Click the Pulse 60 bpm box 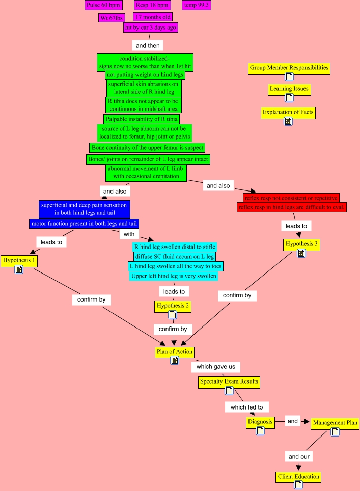point(103,5)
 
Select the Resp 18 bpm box point(152,5)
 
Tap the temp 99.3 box point(197,5)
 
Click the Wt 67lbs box point(112,18)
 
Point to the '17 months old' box point(153,17)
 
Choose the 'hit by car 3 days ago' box point(150,28)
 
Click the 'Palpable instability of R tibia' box point(142,119)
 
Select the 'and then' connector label point(148,45)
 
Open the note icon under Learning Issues point(289,98)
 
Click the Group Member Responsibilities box point(289,68)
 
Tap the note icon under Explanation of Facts point(288,121)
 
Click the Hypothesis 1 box point(19,260)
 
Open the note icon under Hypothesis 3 point(301,253)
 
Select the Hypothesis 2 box point(173,306)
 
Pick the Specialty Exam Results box point(229,381)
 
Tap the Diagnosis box point(260,422)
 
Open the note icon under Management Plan point(335,432)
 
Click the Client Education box point(298,477)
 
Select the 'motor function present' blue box point(84,224)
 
